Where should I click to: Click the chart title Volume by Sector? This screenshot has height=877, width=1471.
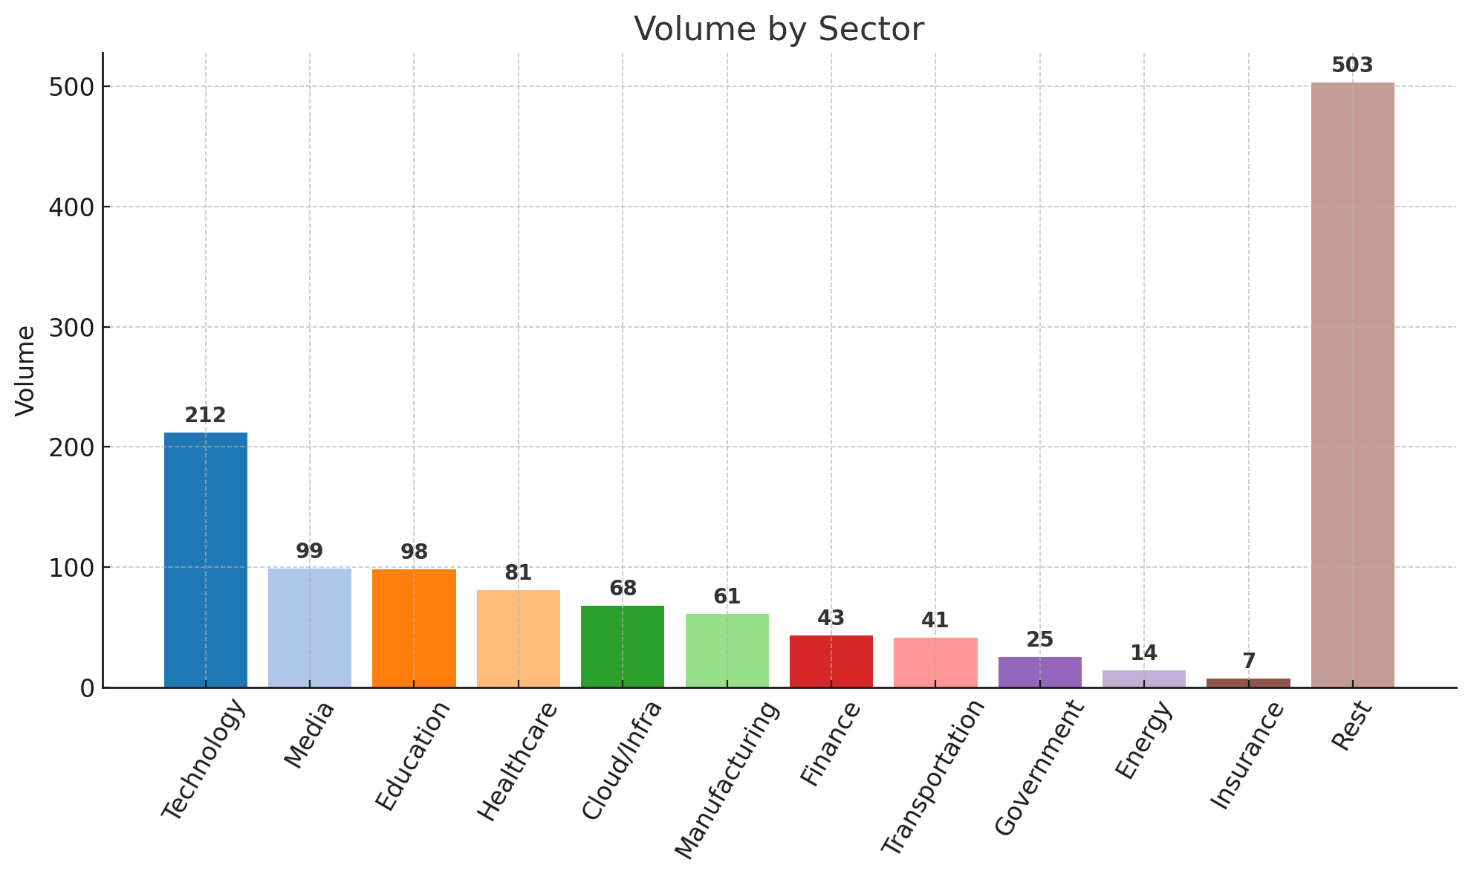tap(779, 30)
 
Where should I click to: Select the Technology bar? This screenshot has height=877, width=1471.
tap(206, 560)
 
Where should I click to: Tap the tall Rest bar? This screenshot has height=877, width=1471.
tap(1352, 385)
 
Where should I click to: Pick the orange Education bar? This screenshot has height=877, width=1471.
tap(414, 628)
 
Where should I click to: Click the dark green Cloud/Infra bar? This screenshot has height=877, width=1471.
tap(623, 647)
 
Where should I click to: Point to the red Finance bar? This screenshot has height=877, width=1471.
tap(831, 661)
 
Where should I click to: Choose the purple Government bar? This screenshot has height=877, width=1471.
tap(1039, 672)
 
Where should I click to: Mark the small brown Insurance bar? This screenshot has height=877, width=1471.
tap(1248, 682)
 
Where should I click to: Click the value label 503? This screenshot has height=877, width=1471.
tap(1352, 65)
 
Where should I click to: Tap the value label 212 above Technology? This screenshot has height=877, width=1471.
tap(206, 416)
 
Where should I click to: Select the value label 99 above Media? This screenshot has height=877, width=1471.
tap(310, 551)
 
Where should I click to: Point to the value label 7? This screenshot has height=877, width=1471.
tap(1248, 661)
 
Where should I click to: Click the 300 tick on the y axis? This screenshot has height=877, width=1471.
tap(71, 327)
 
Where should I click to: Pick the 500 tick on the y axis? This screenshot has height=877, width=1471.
tap(71, 87)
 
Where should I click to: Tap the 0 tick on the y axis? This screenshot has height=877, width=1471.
tap(88, 688)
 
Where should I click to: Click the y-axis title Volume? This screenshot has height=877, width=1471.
tap(25, 370)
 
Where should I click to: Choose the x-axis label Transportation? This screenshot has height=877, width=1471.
tap(932, 777)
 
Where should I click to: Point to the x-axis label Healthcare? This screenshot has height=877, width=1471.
tap(517, 762)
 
